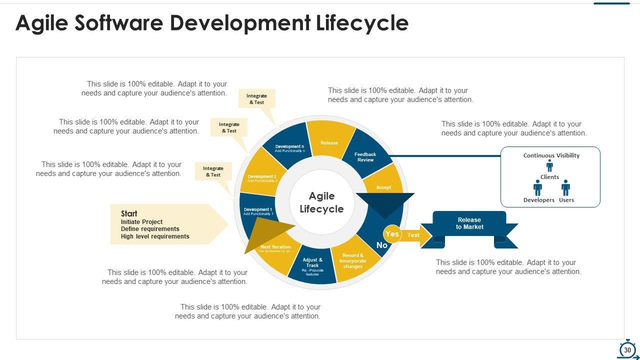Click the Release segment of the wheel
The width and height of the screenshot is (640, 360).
point(329,142)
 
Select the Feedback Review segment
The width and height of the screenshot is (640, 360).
point(365,156)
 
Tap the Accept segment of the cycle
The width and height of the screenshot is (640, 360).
point(383,187)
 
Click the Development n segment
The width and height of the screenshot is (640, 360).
point(290,148)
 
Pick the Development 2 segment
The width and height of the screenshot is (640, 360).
point(262,178)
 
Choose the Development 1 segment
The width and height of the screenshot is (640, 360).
point(258,211)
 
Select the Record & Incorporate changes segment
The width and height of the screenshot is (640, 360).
point(353,261)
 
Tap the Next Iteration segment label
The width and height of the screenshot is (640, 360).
point(275,247)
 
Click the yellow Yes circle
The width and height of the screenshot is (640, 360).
point(392,234)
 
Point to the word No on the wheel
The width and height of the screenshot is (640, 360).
point(382,245)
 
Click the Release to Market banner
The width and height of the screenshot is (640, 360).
point(469,223)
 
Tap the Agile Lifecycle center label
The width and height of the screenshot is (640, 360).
point(321,202)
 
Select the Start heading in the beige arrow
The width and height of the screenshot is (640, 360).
point(129,213)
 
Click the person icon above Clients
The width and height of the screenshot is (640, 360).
point(549,166)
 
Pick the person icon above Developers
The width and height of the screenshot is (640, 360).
point(537,188)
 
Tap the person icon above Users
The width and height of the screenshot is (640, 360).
point(565,188)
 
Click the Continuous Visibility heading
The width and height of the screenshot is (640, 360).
point(551,155)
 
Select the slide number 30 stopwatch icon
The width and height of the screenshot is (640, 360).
point(627,349)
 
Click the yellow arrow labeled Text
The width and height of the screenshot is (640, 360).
point(414,235)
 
